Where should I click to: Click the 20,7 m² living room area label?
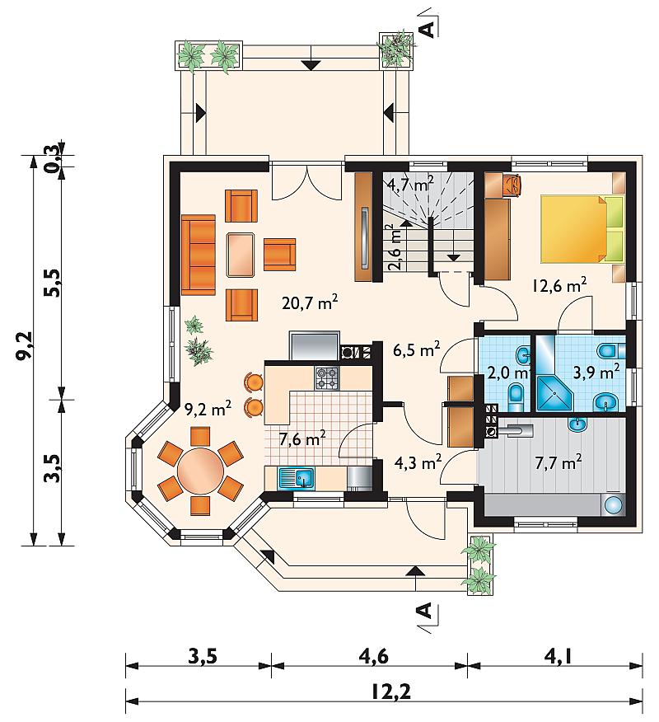(x=310, y=302)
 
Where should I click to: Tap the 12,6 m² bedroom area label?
(x=559, y=285)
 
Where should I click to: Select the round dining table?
(x=201, y=471)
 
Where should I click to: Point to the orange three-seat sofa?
(x=199, y=254)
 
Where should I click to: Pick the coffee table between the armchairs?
(x=241, y=255)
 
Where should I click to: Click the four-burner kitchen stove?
(x=326, y=378)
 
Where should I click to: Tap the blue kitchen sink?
(x=296, y=477)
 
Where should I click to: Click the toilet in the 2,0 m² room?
(x=516, y=396)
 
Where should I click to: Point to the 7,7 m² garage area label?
(x=559, y=462)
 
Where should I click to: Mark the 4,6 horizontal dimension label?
(x=373, y=656)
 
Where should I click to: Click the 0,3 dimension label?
(x=52, y=158)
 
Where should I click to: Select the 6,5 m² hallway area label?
(x=417, y=349)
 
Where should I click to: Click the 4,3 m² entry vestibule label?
(x=418, y=462)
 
